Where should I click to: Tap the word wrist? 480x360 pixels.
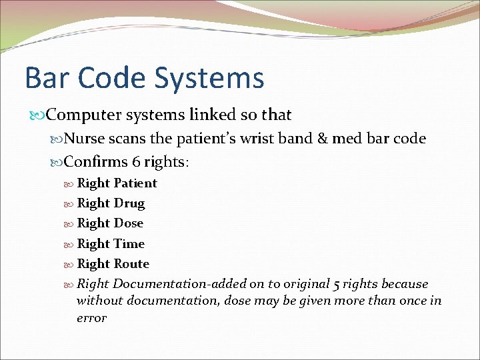(x=263, y=139)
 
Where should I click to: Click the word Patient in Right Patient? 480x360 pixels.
(x=135, y=183)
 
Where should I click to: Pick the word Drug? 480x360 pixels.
(x=129, y=203)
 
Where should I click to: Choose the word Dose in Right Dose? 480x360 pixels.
(x=129, y=223)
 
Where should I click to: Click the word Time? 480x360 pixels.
(x=129, y=244)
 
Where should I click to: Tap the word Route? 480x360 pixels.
(x=131, y=264)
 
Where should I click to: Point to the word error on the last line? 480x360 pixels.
(x=91, y=318)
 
